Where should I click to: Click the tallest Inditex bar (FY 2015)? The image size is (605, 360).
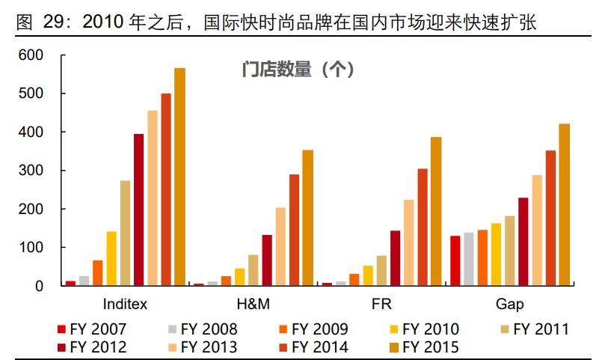point(179,177)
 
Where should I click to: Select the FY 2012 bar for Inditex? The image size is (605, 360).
point(138,210)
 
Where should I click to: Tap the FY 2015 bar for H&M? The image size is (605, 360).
point(307,218)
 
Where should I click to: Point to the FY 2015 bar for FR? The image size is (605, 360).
point(436,211)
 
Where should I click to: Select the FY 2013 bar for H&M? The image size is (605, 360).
point(280,246)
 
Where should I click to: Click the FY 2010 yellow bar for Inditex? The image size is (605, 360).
point(111,258)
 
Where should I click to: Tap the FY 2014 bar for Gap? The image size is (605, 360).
point(550,218)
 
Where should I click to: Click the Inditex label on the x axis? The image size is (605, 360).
point(125,305)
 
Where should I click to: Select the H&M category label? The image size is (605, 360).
point(253,305)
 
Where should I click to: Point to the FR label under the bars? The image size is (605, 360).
point(381,305)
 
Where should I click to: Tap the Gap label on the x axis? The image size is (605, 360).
point(509,305)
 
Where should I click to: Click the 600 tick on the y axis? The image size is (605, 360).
point(33,55)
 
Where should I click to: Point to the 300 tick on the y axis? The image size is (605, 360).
point(33,171)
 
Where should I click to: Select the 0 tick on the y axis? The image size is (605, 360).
point(40,286)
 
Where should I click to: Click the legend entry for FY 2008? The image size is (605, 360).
point(201,329)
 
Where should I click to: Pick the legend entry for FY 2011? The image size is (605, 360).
point(534,329)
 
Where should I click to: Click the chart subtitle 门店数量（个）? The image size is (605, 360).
point(298,70)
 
